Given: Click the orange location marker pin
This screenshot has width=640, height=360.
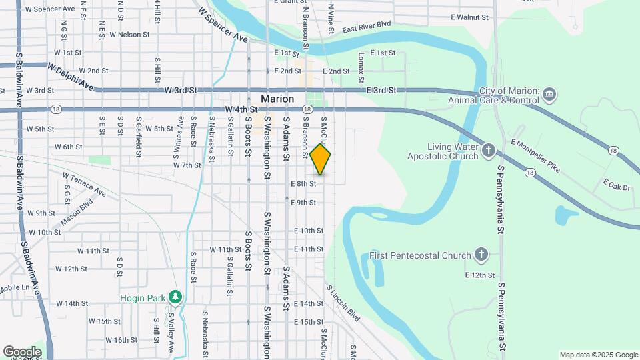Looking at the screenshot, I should (x=320, y=159).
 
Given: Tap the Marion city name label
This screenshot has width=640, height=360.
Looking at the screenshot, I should (x=277, y=99).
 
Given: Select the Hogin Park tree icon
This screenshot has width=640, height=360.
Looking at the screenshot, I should (x=175, y=295).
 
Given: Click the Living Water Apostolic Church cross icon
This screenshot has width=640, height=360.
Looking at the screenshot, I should (x=488, y=151).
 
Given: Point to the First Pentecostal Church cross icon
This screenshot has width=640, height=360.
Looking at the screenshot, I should (x=481, y=255).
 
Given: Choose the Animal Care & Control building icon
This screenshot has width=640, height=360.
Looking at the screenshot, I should (x=550, y=93).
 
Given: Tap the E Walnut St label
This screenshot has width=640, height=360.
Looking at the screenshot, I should (x=469, y=17).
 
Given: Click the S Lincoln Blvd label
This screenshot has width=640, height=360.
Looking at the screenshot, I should (x=343, y=303).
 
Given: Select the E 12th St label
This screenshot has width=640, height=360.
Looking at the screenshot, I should (x=480, y=275).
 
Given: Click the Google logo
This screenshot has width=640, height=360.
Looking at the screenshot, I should (x=22, y=351).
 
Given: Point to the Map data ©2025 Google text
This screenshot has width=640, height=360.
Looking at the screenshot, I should (x=597, y=355).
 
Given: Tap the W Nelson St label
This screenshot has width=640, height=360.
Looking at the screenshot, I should (x=129, y=34).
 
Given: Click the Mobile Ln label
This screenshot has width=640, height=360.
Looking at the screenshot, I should (x=15, y=288).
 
